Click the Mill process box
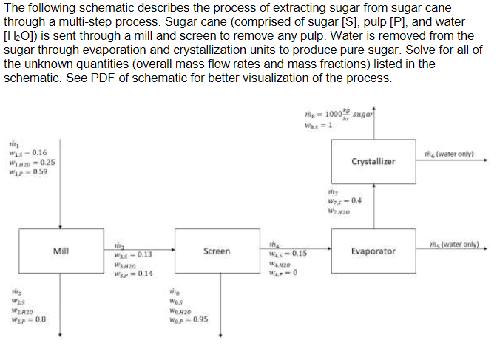point(61,251)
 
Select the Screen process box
point(216,251)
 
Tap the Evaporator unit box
point(373,251)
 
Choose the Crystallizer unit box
point(373,161)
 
